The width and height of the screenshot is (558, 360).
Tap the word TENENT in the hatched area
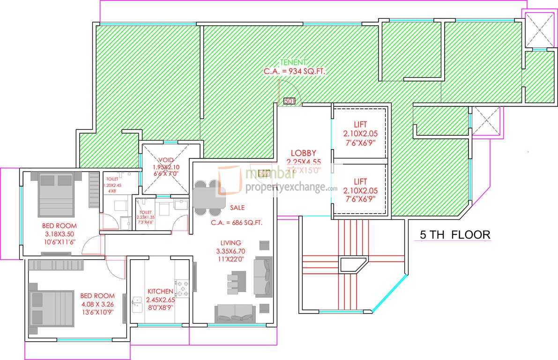coord(294,62)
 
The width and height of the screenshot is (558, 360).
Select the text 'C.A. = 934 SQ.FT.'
coord(294,71)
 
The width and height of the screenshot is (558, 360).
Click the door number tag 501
coord(289,101)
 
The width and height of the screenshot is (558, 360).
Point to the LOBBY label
coord(303,153)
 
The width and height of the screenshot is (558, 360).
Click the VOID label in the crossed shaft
coord(166,159)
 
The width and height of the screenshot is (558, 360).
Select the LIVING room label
coord(231,243)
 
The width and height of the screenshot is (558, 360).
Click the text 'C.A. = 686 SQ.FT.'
coord(236,223)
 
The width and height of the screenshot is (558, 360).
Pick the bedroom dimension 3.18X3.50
coord(60,233)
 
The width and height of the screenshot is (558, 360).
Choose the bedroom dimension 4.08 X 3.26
coord(97,304)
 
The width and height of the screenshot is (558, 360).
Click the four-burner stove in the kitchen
coord(182,287)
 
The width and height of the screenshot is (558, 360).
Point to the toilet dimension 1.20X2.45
coord(112,185)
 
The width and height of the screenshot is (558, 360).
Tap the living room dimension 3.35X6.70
coord(231,251)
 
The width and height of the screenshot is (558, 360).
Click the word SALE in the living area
coord(237,207)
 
